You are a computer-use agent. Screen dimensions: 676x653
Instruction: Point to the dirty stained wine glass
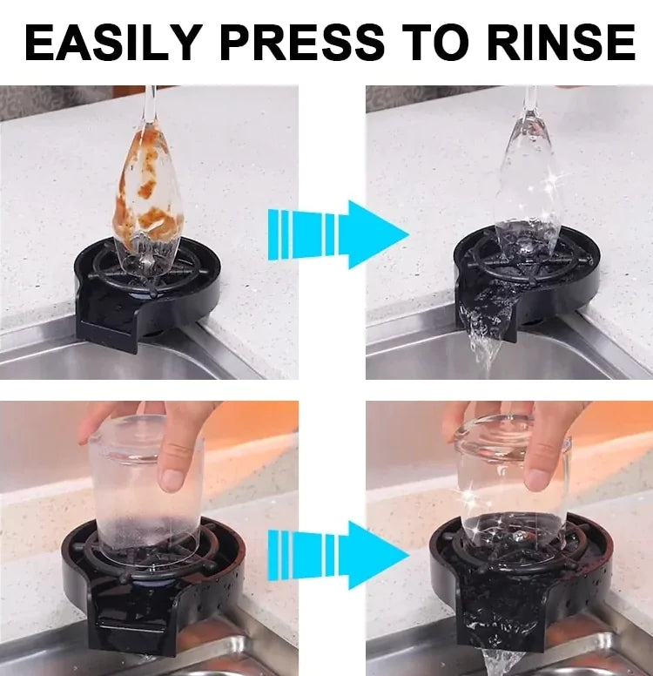[148, 196]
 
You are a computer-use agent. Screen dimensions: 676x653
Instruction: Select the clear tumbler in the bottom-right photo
[514, 488]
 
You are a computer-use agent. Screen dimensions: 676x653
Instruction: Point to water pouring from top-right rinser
[483, 335]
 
